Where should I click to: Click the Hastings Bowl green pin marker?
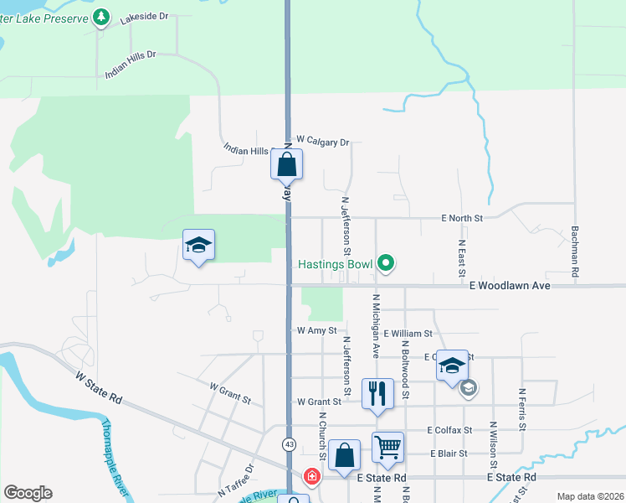(386, 264)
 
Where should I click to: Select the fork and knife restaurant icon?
(377, 392)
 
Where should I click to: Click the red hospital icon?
(312, 477)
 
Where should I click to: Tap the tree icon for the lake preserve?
(101, 17)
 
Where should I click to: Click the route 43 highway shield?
(289, 443)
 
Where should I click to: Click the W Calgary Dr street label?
(322, 143)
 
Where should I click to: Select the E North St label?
(463, 218)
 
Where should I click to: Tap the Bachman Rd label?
(575, 251)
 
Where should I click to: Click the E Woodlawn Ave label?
(509, 286)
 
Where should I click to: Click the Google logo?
(28, 493)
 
